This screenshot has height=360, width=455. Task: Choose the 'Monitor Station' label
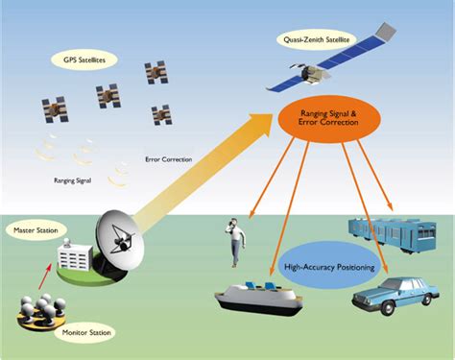click(87, 333)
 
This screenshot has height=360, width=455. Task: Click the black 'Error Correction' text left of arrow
click(168, 158)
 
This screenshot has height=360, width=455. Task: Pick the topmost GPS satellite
click(155, 72)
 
